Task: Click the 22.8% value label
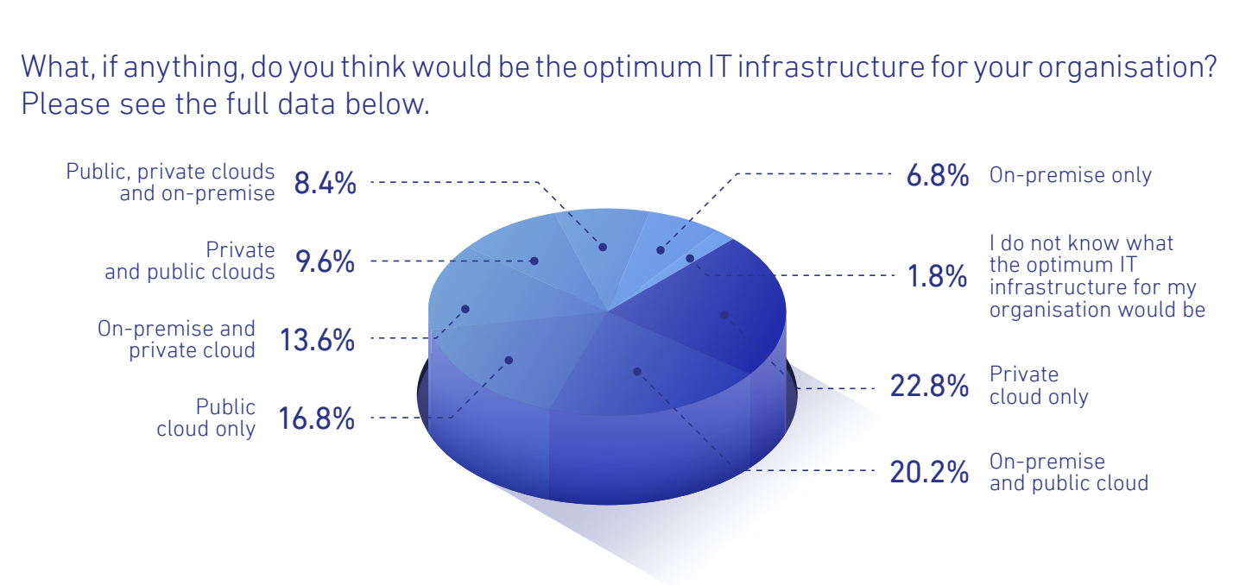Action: (929, 386)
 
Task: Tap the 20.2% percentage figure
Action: (929, 472)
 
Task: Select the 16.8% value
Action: (316, 418)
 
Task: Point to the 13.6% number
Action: (317, 340)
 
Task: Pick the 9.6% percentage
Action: (325, 261)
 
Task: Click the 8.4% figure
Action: (325, 183)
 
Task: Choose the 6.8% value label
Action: (938, 175)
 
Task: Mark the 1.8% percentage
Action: (938, 276)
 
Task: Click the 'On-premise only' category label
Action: (1071, 175)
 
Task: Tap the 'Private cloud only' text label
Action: (1039, 386)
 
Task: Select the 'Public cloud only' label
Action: (206, 418)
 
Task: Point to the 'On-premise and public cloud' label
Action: (1069, 472)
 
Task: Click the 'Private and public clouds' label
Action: (189, 261)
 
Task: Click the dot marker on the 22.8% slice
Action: (724, 315)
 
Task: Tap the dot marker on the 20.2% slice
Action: (637, 372)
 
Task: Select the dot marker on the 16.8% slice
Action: (509, 361)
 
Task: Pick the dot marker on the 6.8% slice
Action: (660, 250)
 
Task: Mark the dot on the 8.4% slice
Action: (603, 247)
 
